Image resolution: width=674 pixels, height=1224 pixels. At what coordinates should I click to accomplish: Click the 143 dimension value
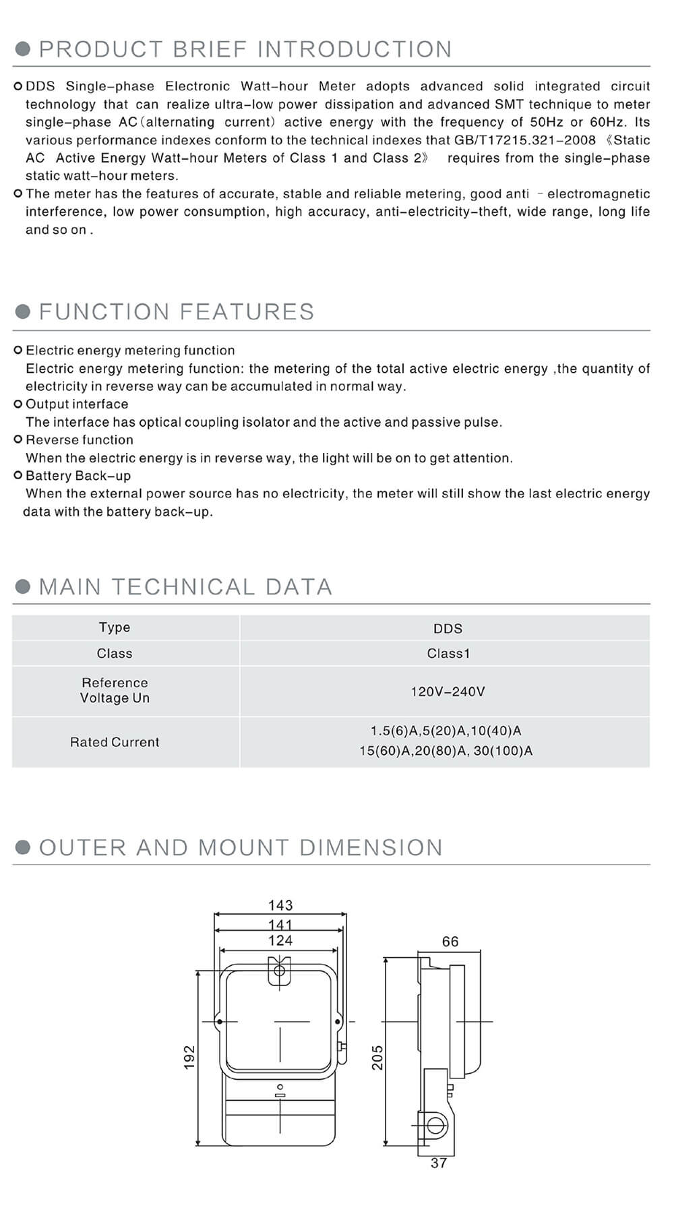coord(280,905)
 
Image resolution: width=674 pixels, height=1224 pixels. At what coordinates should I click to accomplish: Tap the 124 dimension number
coord(280,940)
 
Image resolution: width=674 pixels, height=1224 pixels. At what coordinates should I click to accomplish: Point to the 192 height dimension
coord(189,1057)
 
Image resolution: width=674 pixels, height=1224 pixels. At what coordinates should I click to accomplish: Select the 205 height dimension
coord(377,1057)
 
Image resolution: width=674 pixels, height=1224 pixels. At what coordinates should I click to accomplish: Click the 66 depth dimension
coord(450,942)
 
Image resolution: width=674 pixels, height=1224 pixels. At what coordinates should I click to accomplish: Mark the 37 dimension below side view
coord(439,1163)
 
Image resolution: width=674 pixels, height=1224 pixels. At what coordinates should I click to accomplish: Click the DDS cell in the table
coord(448,628)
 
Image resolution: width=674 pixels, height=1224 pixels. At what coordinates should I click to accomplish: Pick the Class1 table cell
coord(448,653)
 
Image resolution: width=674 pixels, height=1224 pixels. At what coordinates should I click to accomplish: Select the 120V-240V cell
coord(448,692)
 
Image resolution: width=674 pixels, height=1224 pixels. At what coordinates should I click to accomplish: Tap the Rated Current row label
coord(115,742)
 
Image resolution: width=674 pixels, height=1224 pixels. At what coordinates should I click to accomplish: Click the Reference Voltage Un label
coord(115,690)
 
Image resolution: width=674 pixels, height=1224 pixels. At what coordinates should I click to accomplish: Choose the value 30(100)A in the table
coord(503,751)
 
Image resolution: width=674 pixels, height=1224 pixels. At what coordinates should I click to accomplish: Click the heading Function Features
coord(177,311)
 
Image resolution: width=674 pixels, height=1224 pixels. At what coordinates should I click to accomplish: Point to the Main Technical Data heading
coord(185,586)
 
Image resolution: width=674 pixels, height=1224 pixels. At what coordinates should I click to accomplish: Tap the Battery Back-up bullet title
coord(78,475)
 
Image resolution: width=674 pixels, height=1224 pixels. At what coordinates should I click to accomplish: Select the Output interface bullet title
coord(77,404)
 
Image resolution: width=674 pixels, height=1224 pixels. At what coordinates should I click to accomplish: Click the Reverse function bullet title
coord(80,439)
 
